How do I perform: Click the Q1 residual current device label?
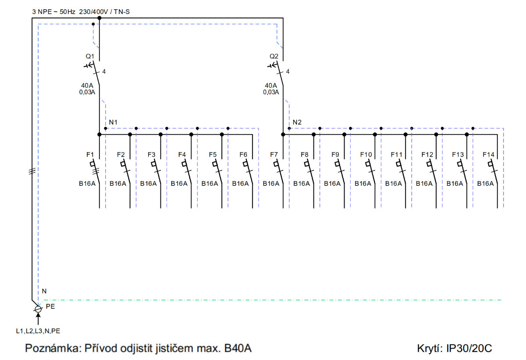click(90, 57)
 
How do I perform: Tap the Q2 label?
click(274, 57)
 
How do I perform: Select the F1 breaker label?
click(90, 154)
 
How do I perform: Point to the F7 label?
click(274, 154)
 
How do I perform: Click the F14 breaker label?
click(488, 154)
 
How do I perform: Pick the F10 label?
click(366, 154)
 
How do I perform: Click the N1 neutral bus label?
click(113, 122)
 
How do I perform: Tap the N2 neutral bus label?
click(297, 122)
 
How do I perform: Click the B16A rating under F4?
click(179, 183)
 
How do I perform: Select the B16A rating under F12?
click(424, 183)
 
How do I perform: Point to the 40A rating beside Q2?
click(271, 86)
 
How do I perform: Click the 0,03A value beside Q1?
click(87, 92)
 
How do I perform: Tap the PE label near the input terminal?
click(50, 307)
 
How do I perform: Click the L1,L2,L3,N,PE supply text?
click(38, 331)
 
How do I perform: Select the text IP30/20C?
click(469, 348)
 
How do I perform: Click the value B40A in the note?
click(238, 348)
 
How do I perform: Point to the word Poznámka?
click(53, 348)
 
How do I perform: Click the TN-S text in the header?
click(122, 12)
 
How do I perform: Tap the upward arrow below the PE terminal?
click(38, 319)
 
